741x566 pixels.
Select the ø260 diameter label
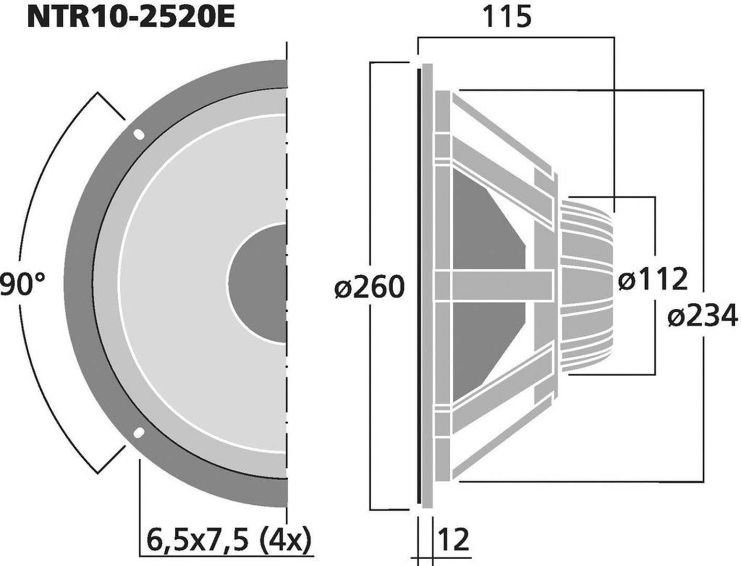point(370,287)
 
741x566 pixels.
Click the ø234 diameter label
point(702,316)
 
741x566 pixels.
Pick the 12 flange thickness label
point(453,539)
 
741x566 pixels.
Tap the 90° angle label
point(22,286)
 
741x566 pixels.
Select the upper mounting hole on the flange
point(139,134)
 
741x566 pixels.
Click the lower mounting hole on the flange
point(139,433)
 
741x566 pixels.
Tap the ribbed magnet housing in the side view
point(586,285)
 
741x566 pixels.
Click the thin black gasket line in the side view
point(418,285)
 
